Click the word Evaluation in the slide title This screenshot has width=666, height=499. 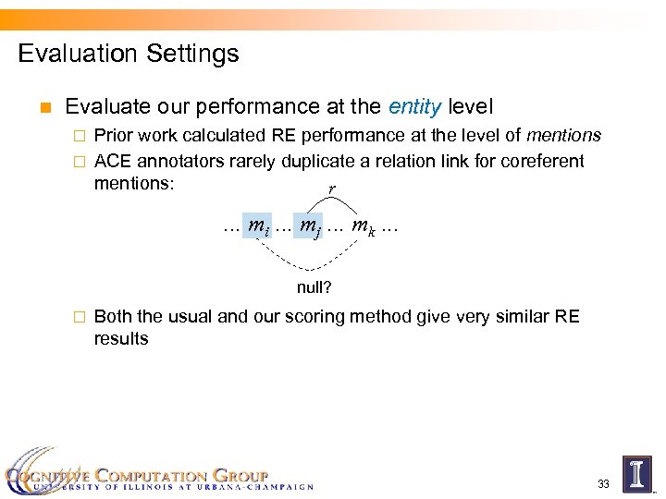[75, 54]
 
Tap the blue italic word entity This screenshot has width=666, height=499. [414, 108]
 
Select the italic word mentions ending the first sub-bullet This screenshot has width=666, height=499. [563, 135]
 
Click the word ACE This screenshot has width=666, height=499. [113, 161]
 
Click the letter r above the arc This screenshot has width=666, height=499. [332, 189]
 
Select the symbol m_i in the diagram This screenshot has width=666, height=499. [262, 224]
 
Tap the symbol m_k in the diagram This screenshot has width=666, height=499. [361, 224]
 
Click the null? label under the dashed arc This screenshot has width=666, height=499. [314, 287]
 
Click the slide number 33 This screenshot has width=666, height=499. [603, 483]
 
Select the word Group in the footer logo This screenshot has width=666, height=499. [240, 476]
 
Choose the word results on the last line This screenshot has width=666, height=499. [121, 338]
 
